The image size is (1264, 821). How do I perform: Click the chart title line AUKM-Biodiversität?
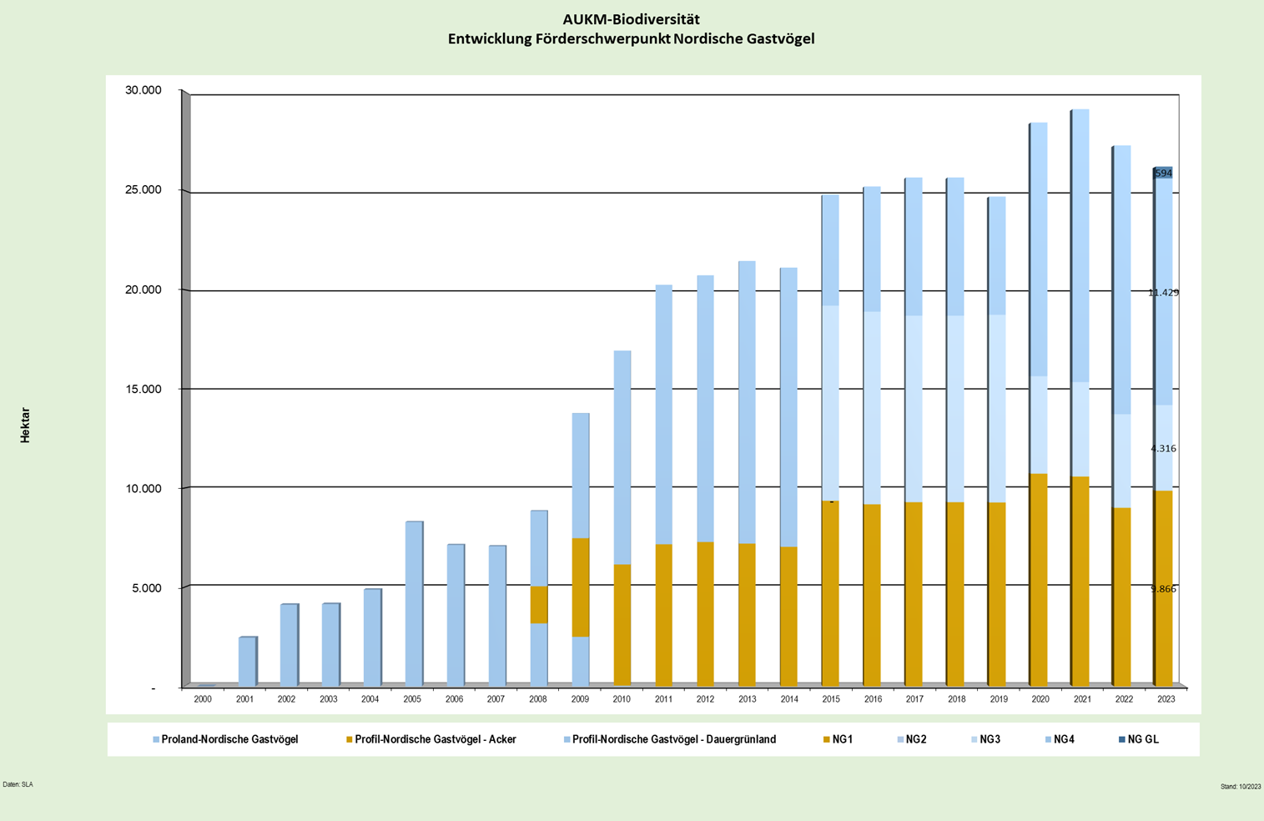click(x=631, y=19)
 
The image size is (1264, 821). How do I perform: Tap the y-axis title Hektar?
click(x=25, y=425)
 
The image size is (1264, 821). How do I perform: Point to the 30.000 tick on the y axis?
click(x=143, y=90)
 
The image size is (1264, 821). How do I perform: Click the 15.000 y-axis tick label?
click(x=143, y=390)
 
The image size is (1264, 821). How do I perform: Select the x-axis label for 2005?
click(x=412, y=699)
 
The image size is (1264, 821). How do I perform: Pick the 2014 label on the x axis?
click(x=788, y=699)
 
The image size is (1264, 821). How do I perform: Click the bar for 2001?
click(x=247, y=662)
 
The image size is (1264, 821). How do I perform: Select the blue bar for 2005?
click(x=413, y=603)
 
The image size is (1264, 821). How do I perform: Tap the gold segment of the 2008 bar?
click(x=539, y=605)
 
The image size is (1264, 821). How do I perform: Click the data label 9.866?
click(x=1163, y=589)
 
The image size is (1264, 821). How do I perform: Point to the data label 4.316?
click(x=1163, y=449)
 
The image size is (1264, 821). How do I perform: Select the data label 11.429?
click(x=1163, y=293)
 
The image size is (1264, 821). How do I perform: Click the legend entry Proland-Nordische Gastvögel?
click(x=229, y=739)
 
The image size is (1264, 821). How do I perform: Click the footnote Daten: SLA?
click(x=18, y=784)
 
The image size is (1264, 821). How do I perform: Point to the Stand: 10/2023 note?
click(x=1241, y=787)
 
